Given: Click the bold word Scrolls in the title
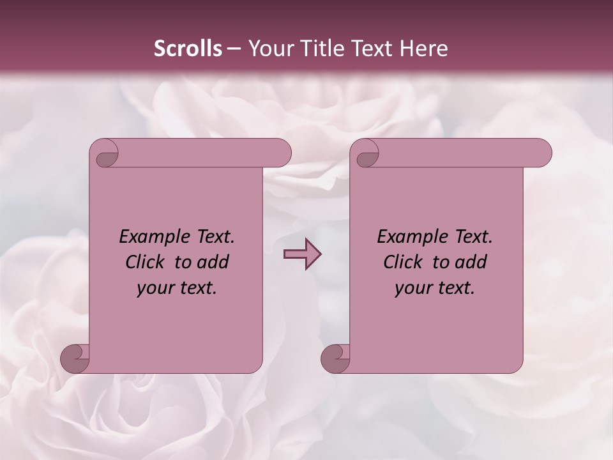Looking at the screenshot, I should point(188,49).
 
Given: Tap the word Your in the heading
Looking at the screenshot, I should point(269,49).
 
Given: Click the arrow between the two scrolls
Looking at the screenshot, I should point(302,254).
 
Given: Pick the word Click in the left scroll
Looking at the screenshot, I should point(147,262).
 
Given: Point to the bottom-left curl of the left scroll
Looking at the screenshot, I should point(75,359).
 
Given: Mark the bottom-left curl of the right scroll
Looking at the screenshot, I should point(335,359).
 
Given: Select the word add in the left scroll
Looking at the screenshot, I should point(213,262).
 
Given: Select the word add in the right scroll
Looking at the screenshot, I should point(471,262).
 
